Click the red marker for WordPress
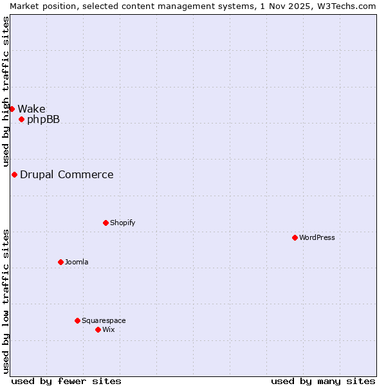tap(295, 237)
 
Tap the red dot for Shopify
tap(106, 223)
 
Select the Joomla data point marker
tap(60, 262)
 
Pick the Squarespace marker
tap(77, 320)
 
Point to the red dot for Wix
tap(98, 329)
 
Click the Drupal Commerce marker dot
tap(14, 174)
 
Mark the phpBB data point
tap(21, 119)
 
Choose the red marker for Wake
tap(12, 109)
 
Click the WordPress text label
tap(317, 237)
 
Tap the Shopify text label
tap(122, 223)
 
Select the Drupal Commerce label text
tap(66, 174)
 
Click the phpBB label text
tap(43, 119)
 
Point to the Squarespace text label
tap(104, 320)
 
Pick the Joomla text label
tap(77, 262)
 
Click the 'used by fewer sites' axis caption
tap(66, 381)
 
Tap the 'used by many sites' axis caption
tap(323, 381)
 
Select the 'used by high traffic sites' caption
tap(6, 91)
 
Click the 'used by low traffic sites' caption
tap(6, 301)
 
